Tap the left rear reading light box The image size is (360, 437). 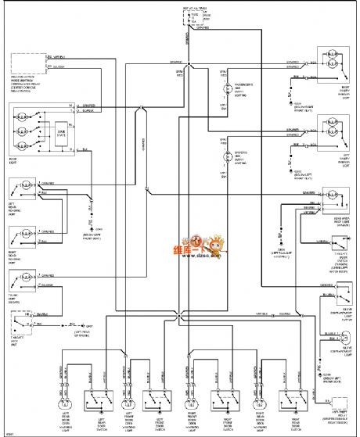tap(23, 189)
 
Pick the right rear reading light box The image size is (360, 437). tap(23, 236)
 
